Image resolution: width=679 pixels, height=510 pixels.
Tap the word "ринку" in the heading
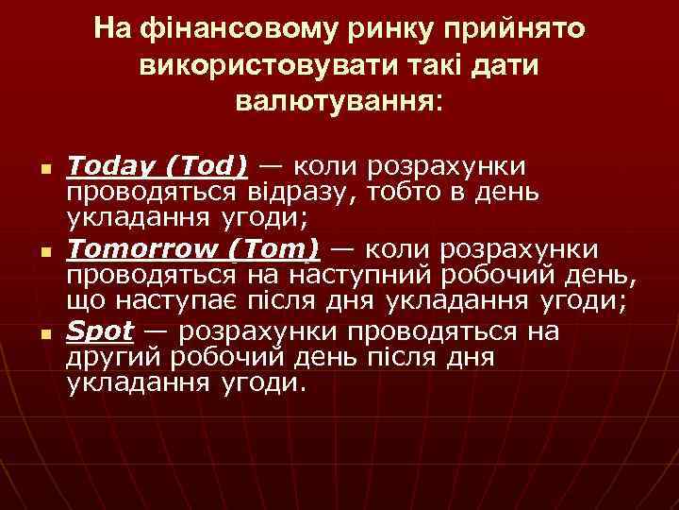coord(354,30)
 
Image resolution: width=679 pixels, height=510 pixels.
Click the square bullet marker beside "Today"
coord(44,170)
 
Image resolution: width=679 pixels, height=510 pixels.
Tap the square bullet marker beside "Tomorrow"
coord(44,252)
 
